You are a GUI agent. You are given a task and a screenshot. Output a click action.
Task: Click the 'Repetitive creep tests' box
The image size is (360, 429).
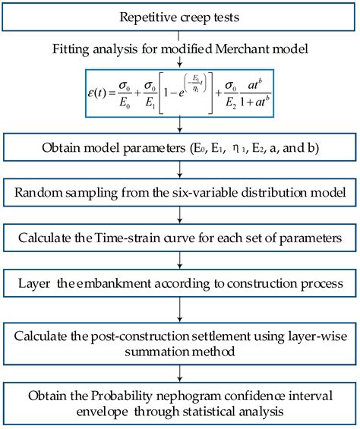click(180, 15)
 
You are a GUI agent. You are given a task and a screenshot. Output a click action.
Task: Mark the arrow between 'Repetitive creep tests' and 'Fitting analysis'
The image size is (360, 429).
click(180, 34)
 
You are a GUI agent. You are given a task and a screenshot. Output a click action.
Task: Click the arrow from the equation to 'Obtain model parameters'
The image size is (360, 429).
click(180, 125)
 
